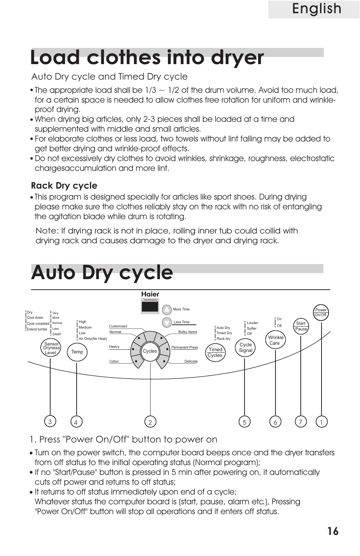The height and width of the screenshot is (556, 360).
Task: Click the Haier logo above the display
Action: tap(150, 294)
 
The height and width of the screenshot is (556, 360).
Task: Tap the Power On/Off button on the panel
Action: tap(321, 313)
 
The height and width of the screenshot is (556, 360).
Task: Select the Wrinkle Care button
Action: tap(275, 340)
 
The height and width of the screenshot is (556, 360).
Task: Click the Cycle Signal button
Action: tap(245, 347)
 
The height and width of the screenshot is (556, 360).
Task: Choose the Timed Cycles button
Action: tap(215, 352)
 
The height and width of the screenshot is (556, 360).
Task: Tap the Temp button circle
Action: tap(77, 352)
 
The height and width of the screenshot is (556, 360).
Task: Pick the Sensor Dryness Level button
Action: tap(51, 348)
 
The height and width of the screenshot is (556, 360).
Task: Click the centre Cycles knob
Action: tap(150, 351)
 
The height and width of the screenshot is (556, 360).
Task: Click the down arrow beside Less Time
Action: tap(167, 323)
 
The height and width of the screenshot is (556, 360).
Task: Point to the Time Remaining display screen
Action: tap(150, 306)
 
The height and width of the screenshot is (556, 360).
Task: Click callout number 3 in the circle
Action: tap(50, 422)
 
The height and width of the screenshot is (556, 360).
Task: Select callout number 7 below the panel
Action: tap(300, 422)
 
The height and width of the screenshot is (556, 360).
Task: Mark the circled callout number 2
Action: tap(150, 422)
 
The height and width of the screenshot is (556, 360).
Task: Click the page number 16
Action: tap(333, 531)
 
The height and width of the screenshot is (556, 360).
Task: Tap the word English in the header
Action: tap(316, 9)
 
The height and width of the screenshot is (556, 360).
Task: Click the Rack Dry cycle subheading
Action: tap(64, 186)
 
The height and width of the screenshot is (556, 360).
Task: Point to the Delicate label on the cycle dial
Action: tap(191, 361)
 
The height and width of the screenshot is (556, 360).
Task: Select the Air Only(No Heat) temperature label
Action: tap(93, 339)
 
